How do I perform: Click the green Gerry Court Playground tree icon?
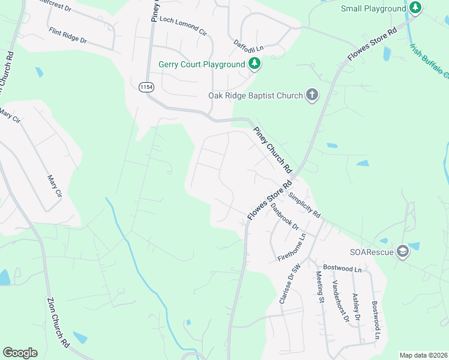tap(255, 64)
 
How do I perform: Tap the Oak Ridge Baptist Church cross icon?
tap(312, 94)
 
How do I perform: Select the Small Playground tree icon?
tap(415, 8)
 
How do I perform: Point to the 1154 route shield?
tap(145, 88)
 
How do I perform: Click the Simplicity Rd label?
tap(304, 205)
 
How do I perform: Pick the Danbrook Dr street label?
tap(284, 217)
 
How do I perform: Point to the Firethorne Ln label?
tap(292, 247)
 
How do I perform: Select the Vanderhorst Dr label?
tap(340, 301)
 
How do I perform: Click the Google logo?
tap(20, 353)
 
